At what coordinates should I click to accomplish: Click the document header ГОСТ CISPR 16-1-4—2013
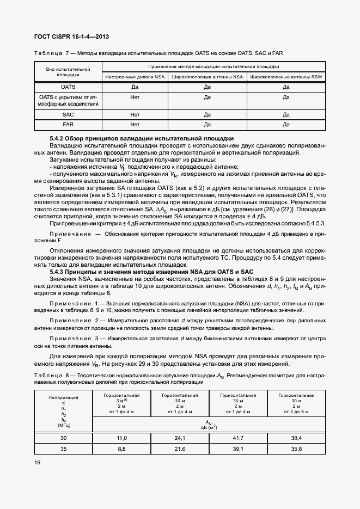pos(71,37)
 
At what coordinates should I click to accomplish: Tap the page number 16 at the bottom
pos(37,462)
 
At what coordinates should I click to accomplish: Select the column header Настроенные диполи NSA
pos(135,77)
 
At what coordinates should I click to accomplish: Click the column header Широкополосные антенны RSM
pos(286,77)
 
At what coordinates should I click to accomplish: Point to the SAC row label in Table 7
pos(68,115)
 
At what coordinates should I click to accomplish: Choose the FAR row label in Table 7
pos(68,125)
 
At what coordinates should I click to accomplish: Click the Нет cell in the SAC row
pos(135,115)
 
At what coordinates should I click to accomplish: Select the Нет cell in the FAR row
pos(135,125)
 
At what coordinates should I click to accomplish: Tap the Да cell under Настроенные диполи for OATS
pos(135,87)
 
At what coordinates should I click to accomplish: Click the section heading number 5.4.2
pos(57,139)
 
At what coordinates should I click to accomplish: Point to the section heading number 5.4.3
pos(57,272)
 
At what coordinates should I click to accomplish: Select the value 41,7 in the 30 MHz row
pos(238,438)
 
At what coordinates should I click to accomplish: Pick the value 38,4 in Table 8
pos(296,438)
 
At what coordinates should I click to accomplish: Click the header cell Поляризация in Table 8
pos(63,398)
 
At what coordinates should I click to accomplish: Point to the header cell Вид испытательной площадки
pos(68,72)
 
